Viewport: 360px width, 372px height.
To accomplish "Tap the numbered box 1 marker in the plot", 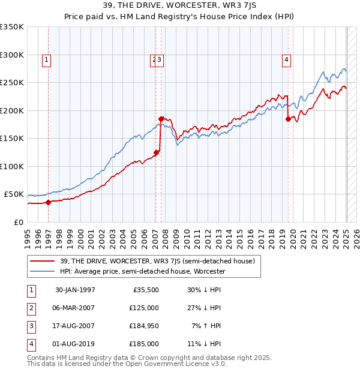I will click(46, 59).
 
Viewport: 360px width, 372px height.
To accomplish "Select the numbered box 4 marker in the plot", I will click(287, 59).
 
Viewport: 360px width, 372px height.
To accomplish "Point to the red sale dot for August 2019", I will click(288, 119).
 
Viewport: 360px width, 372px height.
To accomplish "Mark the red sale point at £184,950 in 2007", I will click(161, 119).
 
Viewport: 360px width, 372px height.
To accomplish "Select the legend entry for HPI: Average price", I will click(142, 271).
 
